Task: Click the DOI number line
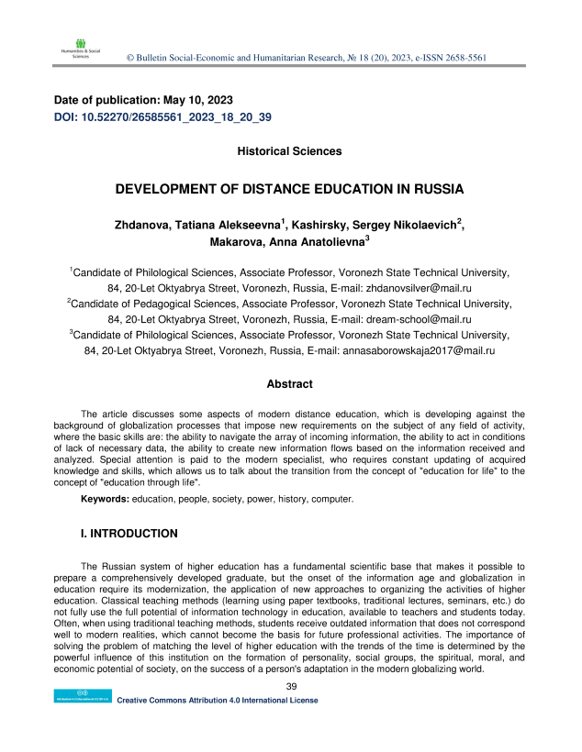(x=163, y=118)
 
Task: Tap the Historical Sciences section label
(x=289, y=150)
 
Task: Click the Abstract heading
(x=289, y=384)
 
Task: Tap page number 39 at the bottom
(x=291, y=688)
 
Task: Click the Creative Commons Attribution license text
(x=218, y=701)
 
